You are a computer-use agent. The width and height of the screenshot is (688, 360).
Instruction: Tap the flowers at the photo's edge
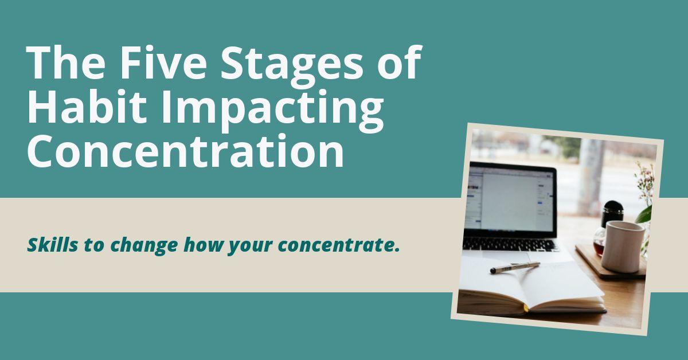[x=645, y=183]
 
